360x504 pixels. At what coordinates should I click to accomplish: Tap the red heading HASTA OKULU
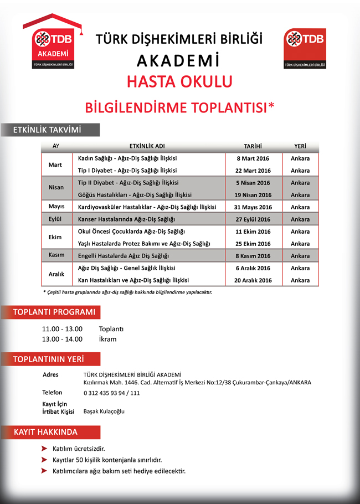pyautogui.click(x=179, y=81)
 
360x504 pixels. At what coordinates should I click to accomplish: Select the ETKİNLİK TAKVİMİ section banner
pyautogui.click(x=50, y=130)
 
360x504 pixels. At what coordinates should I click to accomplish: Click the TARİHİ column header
pyautogui.click(x=251, y=146)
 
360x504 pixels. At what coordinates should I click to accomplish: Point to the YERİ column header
pyautogui.click(x=300, y=146)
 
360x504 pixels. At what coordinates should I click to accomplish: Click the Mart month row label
pyautogui.click(x=55, y=164)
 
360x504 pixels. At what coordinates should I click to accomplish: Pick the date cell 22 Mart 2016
pyautogui.click(x=253, y=171)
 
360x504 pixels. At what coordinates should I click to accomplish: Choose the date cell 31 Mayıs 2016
pyautogui.click(x=253, y=207)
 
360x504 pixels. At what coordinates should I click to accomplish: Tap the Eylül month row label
pyautogui.click(x=55, y=219)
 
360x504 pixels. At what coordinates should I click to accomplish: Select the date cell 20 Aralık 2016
pyautogui.click(x=253, y=280)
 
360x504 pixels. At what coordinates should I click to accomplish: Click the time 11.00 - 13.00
pyautogui.click(x=62, y=329)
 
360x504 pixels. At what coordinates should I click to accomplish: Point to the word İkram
pyautogui.click(x=107, y=339)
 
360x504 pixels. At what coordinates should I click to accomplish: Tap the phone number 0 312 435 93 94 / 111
pyautogui.click(x=111, y=393)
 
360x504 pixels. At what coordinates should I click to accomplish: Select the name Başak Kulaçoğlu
pyautogui.click(x=104, y=412)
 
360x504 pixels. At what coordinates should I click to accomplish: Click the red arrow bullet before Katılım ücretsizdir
pyautogui.click(x=44, y=448)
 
